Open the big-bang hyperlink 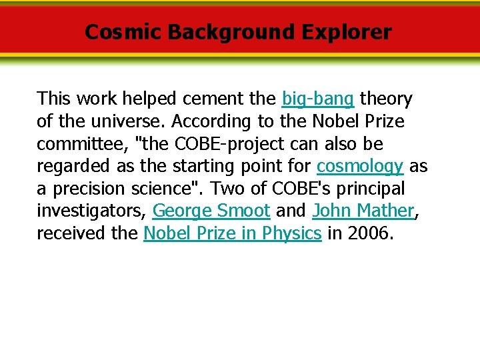tap(318, 99)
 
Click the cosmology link tap(360, 166)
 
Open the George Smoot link tap(211, 211)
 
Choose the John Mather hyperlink tap(363, 211)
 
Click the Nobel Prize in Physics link tap(233, 233)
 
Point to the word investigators tap(91, 211)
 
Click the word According tap(205, 122)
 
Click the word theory tap(386, 99)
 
